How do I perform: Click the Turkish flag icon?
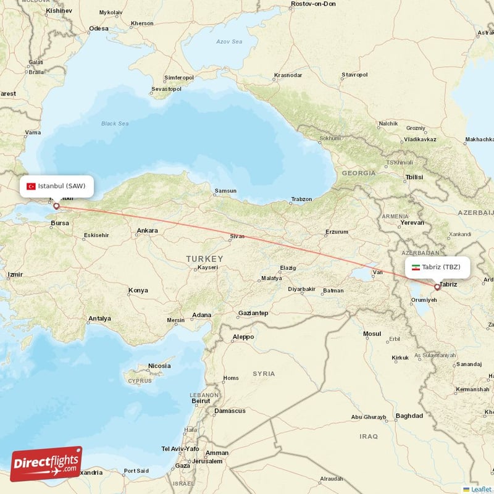coord(31,186)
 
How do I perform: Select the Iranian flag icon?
coord(416,267)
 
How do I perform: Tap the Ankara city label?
coord(147,230)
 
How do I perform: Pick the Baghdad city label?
coord(409,416)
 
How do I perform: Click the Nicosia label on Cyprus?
coord(159,366)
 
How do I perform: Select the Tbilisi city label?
coord(414,177)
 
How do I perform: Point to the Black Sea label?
coord(115,124)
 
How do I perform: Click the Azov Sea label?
coord(229,41)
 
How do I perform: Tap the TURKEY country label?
coord(204,258)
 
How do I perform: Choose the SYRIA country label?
coord(264,374)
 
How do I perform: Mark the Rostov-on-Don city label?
coord(313,4)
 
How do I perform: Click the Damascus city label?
coord(230,411)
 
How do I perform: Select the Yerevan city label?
coord(412,222)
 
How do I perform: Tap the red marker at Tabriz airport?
coord(437,287)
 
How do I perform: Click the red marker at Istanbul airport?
coord(56,206)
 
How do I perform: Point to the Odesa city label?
coord(98,28)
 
